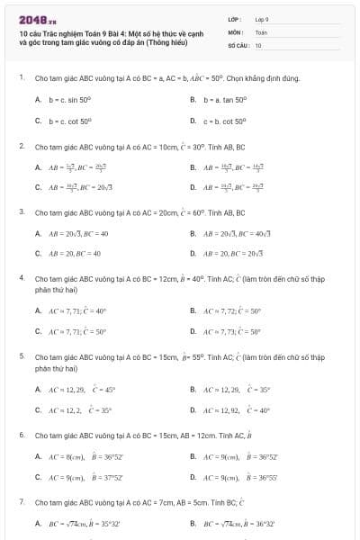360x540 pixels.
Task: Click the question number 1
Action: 20,78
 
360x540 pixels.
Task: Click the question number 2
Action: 20,145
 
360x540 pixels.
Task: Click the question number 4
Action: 20,278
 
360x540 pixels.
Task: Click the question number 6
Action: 20,435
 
